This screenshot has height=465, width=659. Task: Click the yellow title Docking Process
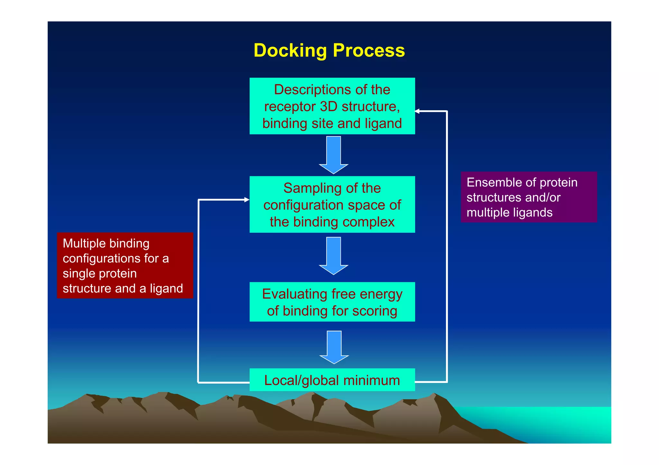[x=329, y=50]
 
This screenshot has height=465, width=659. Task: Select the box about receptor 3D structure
[x=332, y=106]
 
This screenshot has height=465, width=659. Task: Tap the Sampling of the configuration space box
[x=332, y=204]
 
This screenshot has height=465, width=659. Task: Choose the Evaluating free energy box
[x=332, y=302]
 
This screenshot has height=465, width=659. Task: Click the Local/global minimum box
[x=332, y=380]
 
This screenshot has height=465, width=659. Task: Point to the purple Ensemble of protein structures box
[x=529, y=197]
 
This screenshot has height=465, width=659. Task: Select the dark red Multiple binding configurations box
[x=125, y=265]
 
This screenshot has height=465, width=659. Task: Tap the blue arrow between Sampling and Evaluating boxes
[x=333, y=256]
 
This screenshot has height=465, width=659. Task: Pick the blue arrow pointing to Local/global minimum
[x=334, y=347]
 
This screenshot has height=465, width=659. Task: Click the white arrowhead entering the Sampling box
[x=246, y=200]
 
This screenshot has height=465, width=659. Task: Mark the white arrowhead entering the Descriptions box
[x=417, y=111]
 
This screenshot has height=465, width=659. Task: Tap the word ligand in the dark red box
[x=166, y=288]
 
